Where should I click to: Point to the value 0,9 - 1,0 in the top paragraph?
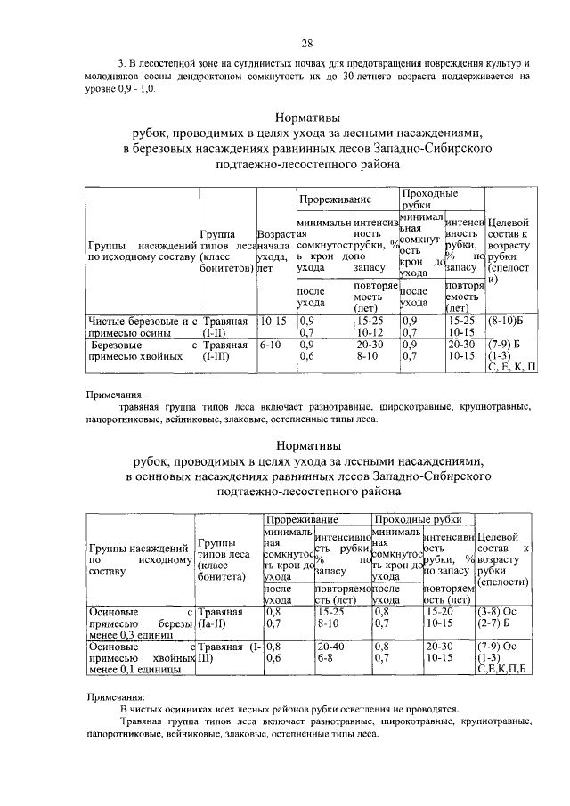[137, 90]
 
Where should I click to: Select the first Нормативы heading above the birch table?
[305, 118]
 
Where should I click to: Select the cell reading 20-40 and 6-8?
[330, 651]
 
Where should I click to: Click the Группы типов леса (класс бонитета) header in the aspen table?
[224, 559]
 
